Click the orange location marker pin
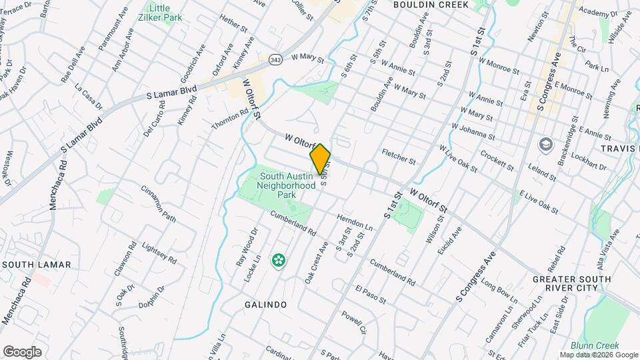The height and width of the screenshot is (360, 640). [320, 159]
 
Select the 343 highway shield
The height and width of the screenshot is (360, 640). [275, 60]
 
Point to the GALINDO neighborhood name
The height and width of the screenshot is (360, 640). [265, 305]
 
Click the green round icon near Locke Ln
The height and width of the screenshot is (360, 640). [278, 260]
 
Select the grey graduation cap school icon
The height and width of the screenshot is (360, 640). [545, 145]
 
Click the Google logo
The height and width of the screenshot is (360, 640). [22, 351]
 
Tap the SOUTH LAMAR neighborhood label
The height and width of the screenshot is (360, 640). [36, 265]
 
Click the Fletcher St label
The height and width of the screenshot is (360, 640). [399, 157]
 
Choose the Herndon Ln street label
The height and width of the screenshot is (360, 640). [354, 221]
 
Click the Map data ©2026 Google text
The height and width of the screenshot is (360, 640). [597, 355]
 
